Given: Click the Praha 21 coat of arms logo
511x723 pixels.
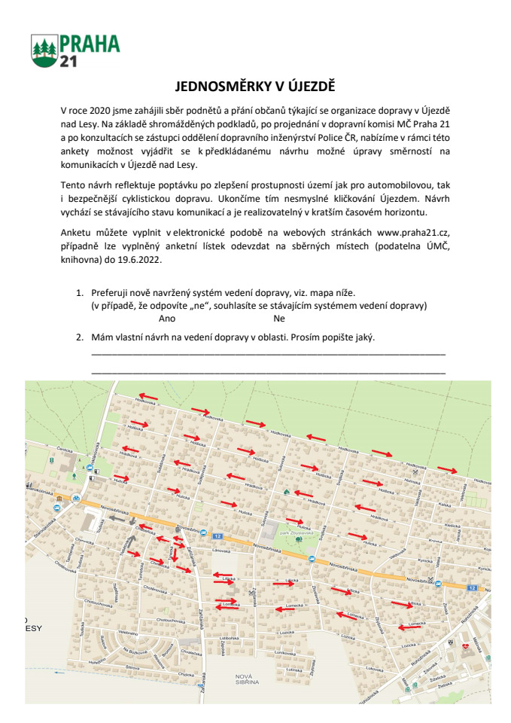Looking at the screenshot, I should [x=44, y=51].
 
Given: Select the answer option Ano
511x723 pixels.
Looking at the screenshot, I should [x=167, y=318].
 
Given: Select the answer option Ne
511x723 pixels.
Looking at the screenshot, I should [x=278, y=318].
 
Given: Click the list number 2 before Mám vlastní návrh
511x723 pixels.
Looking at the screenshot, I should [x=79, y=337].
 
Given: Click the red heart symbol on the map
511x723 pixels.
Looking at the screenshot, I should [x=467, y=645].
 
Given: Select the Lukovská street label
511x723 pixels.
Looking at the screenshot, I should [x=284, y=654].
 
